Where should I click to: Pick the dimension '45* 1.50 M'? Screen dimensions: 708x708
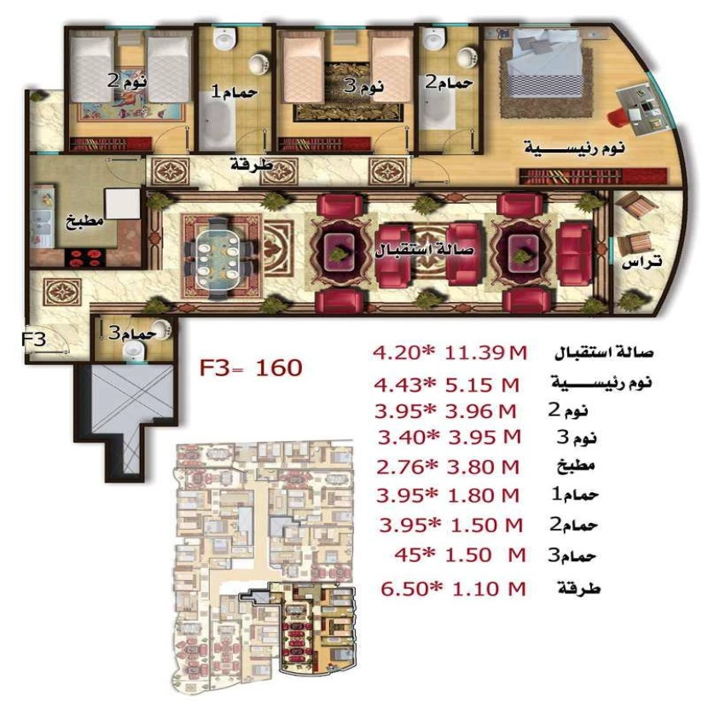pyautogui.click(x=456, y=555)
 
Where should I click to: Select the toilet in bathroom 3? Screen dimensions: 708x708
pyautogui.click(x=132, y=351)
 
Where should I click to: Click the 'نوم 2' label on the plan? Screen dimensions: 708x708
pyautogui.click(x=127, y=82)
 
